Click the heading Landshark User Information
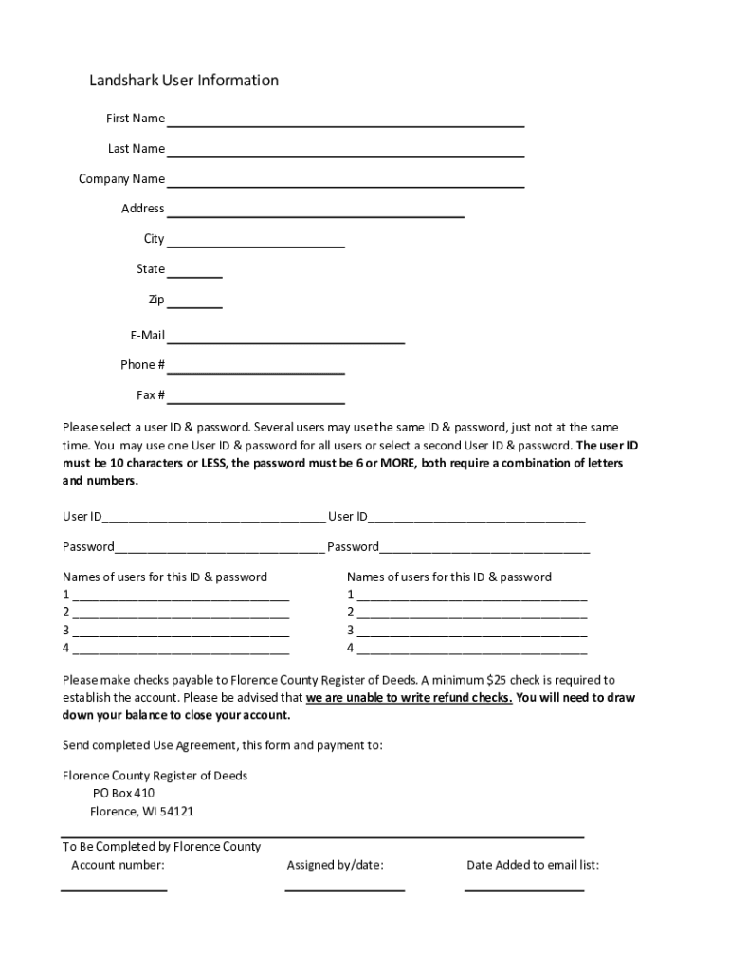(184, 81)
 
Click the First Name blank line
(346, 121)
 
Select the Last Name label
(136, 149)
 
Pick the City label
(154, 239)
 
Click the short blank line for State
(195, 272)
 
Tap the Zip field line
(195, 302)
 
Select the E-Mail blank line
(286, 338)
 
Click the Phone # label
(142, 365)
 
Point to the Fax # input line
(256, 397)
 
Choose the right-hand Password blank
(484, 549)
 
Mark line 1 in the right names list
(472, 597)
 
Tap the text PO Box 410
(123, 794)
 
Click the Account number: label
(118, 865)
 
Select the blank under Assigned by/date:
(344, 889)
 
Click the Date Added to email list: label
(532, 865)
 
